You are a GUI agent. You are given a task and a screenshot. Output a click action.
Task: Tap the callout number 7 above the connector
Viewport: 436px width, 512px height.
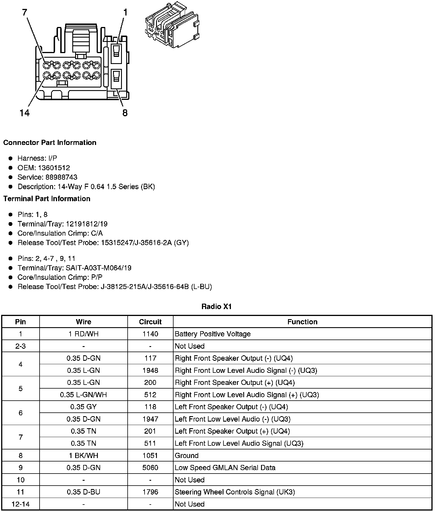25,12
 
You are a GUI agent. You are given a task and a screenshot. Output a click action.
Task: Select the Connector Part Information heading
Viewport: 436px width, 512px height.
50,143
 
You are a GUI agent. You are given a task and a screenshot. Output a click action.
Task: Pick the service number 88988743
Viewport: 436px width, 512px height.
61,177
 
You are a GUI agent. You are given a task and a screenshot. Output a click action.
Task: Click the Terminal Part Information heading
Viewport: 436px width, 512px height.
47,199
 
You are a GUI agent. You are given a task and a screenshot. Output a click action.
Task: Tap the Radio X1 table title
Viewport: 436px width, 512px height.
217,307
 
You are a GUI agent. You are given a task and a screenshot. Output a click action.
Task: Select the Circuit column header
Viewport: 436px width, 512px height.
150,322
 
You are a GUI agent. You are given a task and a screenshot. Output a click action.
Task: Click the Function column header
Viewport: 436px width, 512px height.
302,322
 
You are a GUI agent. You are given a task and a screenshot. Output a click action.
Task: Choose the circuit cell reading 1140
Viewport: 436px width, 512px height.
150,334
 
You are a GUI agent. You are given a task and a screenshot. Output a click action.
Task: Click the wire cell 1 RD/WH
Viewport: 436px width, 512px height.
83,334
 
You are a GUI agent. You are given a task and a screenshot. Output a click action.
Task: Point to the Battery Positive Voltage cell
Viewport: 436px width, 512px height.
213,334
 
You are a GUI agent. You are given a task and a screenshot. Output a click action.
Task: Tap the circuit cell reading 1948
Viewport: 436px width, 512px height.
150,370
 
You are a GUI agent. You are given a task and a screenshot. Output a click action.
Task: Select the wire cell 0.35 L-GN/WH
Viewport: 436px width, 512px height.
83,395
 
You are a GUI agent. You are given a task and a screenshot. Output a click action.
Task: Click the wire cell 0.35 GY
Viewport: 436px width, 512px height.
83,407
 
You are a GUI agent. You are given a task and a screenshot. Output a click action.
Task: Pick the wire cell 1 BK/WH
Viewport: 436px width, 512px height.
83,455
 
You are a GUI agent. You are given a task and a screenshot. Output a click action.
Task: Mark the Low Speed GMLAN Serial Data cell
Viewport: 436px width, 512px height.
225,468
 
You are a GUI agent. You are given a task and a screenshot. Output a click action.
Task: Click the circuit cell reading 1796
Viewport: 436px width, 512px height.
150,492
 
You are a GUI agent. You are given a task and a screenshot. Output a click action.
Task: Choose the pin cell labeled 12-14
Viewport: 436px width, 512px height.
20,504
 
